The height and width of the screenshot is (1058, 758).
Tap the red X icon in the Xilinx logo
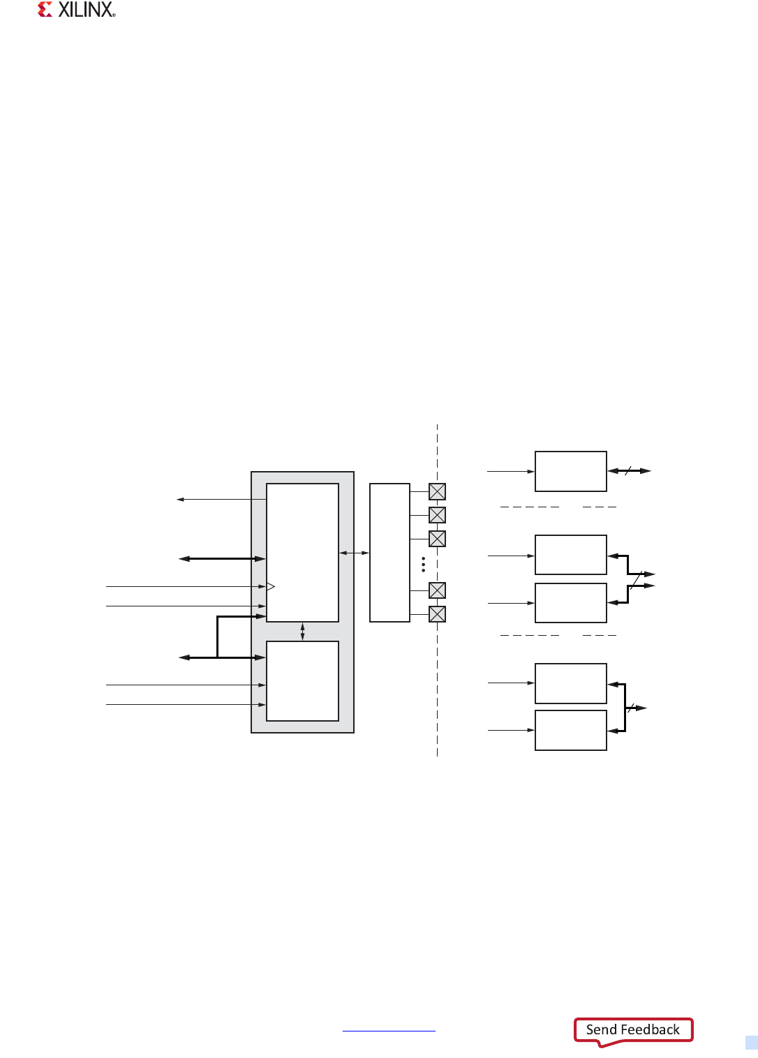point(45,10)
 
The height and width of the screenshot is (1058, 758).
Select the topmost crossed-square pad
point(437,492)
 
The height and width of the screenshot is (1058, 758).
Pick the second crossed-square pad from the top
point(437,515)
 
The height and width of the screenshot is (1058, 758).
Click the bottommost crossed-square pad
point(437,614)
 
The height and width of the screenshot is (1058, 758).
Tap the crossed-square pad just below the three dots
point(437,590)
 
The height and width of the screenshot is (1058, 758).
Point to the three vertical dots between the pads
point(424,565)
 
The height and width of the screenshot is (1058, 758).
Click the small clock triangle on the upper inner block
point(271,586)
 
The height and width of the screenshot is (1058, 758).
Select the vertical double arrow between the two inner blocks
point(302,632)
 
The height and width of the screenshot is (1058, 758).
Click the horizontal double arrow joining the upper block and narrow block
point(354,553)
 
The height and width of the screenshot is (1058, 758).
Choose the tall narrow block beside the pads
point(389,552)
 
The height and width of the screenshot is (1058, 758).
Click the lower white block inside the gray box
point(302,680)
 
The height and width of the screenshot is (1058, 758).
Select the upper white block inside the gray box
point(302,552)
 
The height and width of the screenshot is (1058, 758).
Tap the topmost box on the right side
point(570,471)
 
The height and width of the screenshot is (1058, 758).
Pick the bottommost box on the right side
point(570,730)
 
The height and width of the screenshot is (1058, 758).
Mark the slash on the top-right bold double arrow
point(627,471)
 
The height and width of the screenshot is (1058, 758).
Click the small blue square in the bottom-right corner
point(751,1043)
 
